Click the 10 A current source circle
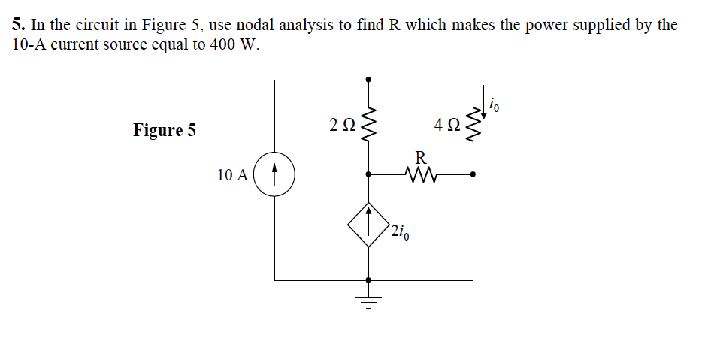(274, 175)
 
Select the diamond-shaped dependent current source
(368, 225)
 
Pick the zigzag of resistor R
(421, 174)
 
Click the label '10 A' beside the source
(233, 175)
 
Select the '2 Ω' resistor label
(341, 125)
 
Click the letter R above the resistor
(421, 158)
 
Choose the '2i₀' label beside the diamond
(401, 231)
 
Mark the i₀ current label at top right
(495, 104)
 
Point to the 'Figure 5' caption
(165, 130)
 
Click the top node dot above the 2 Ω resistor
(368, 79)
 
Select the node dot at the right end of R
(473, 174)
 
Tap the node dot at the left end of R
(368, 174)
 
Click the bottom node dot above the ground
(368, 280)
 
